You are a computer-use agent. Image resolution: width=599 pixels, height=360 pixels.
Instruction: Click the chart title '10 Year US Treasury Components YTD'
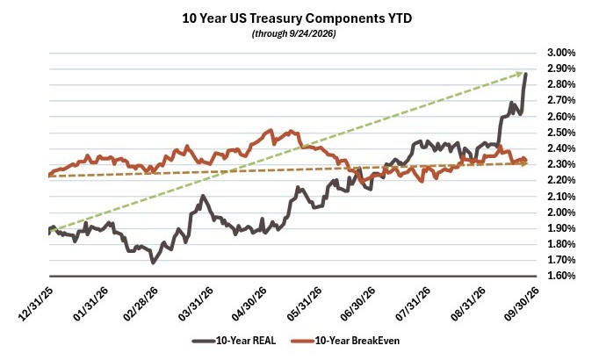tap(297, 18)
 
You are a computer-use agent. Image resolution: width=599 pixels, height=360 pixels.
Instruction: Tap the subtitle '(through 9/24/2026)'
tap(293, 33)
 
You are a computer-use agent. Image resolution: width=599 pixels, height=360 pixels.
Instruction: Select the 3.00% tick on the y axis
tap(561, 53)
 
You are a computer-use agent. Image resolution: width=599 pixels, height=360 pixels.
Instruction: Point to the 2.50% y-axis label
tap(561, 133)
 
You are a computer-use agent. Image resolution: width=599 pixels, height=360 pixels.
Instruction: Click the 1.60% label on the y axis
tap(561, 276)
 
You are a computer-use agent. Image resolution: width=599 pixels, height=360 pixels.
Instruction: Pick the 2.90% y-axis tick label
tap(561, 68)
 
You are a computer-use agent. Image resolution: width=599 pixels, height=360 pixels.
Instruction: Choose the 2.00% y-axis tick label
tap(561, 212)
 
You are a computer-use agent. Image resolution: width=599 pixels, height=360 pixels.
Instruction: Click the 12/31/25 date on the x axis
tap(35, 304)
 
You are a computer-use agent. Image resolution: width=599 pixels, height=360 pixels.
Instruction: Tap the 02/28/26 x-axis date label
tap(141, 304)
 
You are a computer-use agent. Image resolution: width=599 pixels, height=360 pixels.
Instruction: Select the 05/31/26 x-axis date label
tap(304, 304)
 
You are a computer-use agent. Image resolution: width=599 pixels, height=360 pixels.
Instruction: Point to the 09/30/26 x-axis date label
tap(522, 304)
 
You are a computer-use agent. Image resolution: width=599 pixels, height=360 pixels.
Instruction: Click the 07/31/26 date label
tap(413, 304)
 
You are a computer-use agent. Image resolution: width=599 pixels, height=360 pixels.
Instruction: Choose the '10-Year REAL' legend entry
tap(234, 341)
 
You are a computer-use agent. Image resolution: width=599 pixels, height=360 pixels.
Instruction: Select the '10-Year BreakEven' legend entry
tap(345, 341)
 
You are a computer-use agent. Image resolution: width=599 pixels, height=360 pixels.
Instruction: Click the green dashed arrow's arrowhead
tap(520, 73)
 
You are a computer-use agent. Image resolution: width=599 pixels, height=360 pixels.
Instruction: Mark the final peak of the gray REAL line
tap(525, 74)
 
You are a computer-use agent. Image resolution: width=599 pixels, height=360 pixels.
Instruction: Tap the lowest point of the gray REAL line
tap(153, 263)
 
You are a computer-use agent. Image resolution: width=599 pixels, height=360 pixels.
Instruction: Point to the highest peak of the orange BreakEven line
tap(271, 131)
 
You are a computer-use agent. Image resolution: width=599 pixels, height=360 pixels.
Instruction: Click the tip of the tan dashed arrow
tap(528, 163)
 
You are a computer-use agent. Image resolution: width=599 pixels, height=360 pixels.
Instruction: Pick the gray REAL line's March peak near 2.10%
tap(203, 196)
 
